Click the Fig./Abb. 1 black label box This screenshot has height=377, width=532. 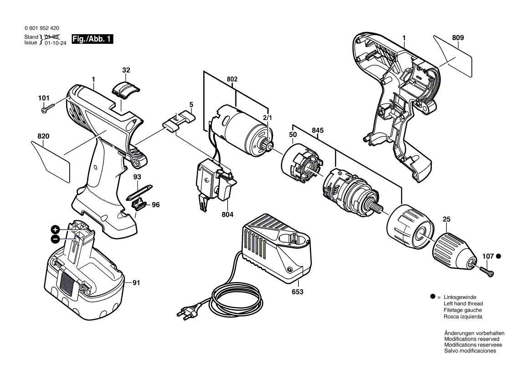pos(92,39)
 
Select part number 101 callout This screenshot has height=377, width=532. pos(44,98)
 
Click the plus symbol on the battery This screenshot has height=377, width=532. pos(55,229)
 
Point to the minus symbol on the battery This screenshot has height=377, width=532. pos(55,239)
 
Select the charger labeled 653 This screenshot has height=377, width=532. pos(276,249)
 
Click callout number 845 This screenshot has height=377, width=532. pos(317,131)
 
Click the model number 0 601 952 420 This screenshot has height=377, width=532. pos(42,28)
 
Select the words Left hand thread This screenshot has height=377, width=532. pos(463,304)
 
